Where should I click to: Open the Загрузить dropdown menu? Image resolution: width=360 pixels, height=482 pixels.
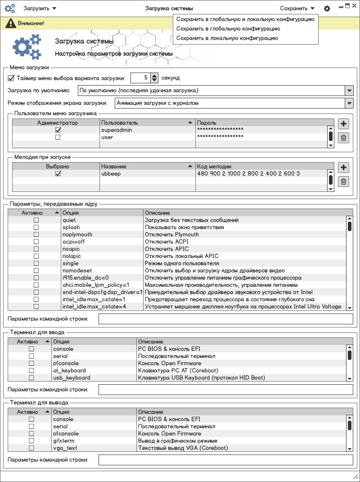click(x=40, y=8)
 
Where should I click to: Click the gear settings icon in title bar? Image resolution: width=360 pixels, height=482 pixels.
click(x=327, y=9)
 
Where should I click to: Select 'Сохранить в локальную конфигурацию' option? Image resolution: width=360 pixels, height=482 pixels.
click(x=227, y=38)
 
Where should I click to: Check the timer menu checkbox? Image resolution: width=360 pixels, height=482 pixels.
click(x=11, y=78)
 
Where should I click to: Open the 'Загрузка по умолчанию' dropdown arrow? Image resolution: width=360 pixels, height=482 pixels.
click(x=349, y=91)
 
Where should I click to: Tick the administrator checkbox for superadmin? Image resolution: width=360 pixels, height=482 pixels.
click(x=58, y=130)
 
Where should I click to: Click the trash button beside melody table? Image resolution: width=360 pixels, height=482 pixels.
click(x=343, y=182)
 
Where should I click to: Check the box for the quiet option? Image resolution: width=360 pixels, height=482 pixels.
click(x=36, y=220)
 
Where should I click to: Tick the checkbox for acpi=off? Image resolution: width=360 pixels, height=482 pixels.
click(x=36, y=242)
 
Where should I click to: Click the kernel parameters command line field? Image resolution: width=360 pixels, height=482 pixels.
click(x=225, y=319)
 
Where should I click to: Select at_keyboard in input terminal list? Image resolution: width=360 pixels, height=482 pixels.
click(x=69, y=371)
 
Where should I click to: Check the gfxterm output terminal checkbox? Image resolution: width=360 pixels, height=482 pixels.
click(x=31, y=441)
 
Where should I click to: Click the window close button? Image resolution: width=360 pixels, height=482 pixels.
click(x=354, y=6)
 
